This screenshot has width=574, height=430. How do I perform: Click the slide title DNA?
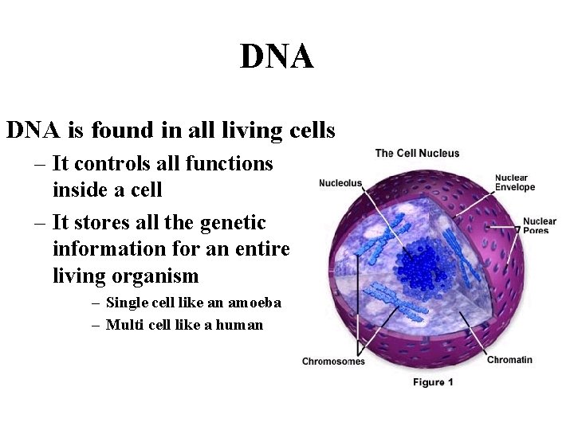(x=277, y=57)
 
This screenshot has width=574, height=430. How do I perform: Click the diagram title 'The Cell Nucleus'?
(x=417, y=153)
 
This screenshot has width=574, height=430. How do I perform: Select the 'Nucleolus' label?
(x=340, y=183)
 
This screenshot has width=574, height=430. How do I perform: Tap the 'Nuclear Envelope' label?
(x=514, y=183)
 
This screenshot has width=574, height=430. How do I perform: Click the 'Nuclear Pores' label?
(x=539, y=225)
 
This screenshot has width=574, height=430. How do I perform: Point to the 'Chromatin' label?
(x=509, y=359)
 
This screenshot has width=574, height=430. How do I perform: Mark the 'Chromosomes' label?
(x=333, y=362)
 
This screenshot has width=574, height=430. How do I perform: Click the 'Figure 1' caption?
(x=433, y=382)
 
